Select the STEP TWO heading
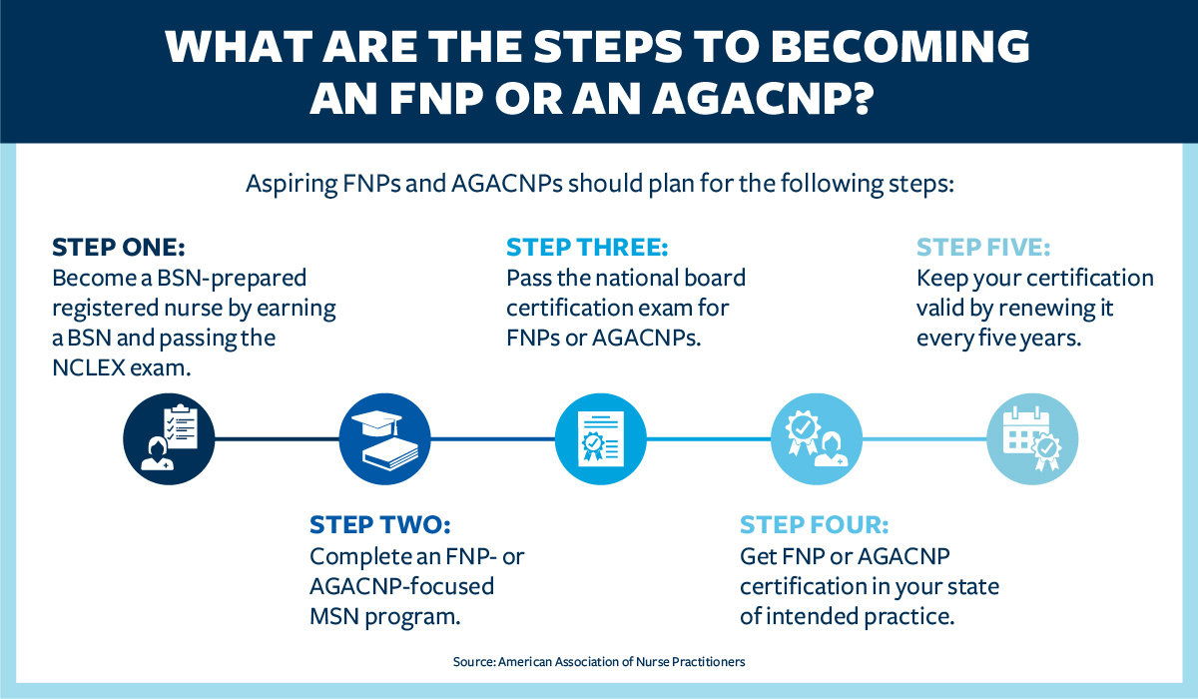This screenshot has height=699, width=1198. coord(380,525)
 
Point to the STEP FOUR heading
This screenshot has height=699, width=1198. coord(814,525)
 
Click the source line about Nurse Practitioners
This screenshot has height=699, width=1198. coord(599,661)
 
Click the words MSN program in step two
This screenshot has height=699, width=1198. coord(385,615)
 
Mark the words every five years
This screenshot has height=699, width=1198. coord(998,338)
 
